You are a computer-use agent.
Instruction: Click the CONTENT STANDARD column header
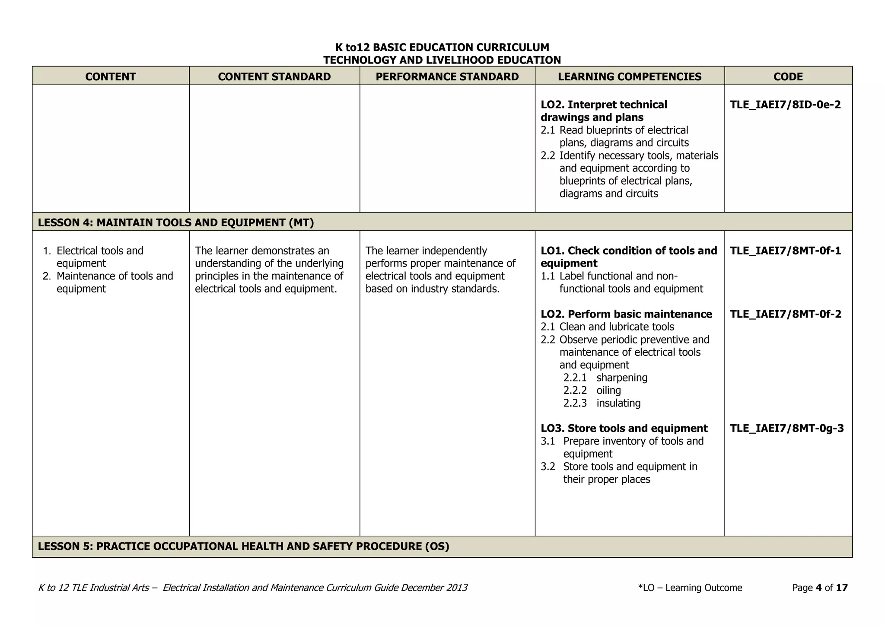pyautogui.click(x=274, y=76)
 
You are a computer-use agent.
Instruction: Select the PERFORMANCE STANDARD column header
pyautogui.click(x=447, y=76)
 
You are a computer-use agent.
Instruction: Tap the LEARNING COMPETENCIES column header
pyautogui.click(x=629, y=76)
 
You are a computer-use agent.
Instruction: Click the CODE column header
pyautogui.click(x=788, y=76)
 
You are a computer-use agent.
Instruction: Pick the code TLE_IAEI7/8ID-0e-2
pyautogui.click(x=785, y=105)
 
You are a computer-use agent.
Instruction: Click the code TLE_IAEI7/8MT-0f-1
pyautogui.click(x=785, y=251)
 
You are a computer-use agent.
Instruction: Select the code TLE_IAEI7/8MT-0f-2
pyautogui.click(x=785, y=314)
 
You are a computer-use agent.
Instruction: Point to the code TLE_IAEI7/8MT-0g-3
pyautogui.click(x=786, y=429)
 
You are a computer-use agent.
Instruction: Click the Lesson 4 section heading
pyautogui.click(x=176, y=222)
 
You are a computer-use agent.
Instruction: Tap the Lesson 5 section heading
pyautogui.click(x=243, y=547)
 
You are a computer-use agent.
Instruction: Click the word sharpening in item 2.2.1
pyautogui.click(x=621, y=378)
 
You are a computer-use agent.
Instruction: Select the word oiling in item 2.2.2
pyautogui.click(x=608, y=391)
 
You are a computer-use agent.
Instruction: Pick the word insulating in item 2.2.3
pyautogui.click(x=618, y=403)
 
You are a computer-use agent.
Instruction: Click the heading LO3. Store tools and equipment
pyautogui.click(x=624, y=429)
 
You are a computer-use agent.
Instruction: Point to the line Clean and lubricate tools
pyautogui.click(x=616, y=327)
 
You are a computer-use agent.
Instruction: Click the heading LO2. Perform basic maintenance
pyautogui.click(x=626, y=314)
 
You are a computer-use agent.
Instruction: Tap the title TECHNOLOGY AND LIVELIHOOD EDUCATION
pyautogui.click(x=442, y=60)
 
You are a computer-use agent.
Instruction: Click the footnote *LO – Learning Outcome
pyautogui.click(x=690, y=588)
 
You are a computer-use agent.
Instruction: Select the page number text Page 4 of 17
pyautogui.click(x=820, y=588)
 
